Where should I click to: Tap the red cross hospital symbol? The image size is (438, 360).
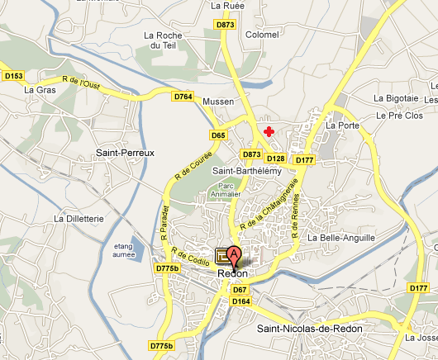tap(268, 131)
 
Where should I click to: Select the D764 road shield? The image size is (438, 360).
tap(183, 97)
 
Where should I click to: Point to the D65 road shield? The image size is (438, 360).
tap(218, 135)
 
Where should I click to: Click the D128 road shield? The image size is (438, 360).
tap(276, 159)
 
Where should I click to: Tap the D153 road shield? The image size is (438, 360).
tap(13, 76)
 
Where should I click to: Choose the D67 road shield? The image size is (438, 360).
tap(240, 290)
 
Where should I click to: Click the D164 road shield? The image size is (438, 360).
tap(241, 301)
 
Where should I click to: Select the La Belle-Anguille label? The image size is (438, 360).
tap(340, 238)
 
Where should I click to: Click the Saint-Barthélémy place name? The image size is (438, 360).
tap(247, 171)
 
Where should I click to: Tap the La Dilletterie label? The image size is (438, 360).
tap(81, 219)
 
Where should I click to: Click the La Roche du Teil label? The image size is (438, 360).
tap(162, 40)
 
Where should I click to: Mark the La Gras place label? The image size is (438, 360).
tap(39, 90)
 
